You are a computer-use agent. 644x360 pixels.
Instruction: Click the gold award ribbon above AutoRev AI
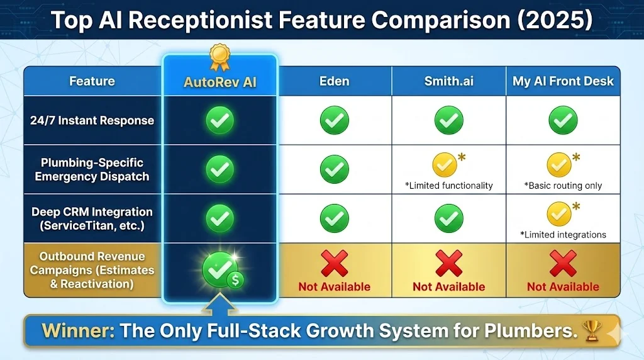point(219,56)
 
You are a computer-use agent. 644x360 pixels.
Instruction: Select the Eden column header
point(335,81)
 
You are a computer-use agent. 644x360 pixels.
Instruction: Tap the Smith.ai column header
point(448,81)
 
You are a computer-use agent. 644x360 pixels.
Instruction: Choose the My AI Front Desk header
point(563,81)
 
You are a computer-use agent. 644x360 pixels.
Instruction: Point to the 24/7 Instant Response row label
point(92,120)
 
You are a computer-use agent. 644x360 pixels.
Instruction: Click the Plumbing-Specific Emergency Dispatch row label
point(92,169)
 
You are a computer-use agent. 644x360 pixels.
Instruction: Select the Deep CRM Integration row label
point(92,218)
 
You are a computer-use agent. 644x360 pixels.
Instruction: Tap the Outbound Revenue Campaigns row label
point(92,270)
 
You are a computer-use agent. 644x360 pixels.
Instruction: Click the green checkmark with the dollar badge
point(221,269)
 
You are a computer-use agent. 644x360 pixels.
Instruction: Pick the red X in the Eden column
point(335,263)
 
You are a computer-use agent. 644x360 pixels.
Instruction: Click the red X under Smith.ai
point(448,263)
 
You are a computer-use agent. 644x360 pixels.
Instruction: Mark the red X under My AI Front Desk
point(563,263)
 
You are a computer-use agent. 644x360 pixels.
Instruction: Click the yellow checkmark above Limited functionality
point(445,166)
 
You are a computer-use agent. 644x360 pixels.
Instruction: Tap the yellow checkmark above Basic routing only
point(559,166)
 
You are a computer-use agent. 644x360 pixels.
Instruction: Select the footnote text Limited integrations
point(563,235)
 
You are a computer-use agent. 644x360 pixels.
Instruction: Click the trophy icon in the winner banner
point(592,330)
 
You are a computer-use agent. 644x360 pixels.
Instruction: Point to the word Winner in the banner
point(78,330)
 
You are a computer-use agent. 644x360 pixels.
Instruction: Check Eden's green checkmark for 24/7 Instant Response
point(335,120)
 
